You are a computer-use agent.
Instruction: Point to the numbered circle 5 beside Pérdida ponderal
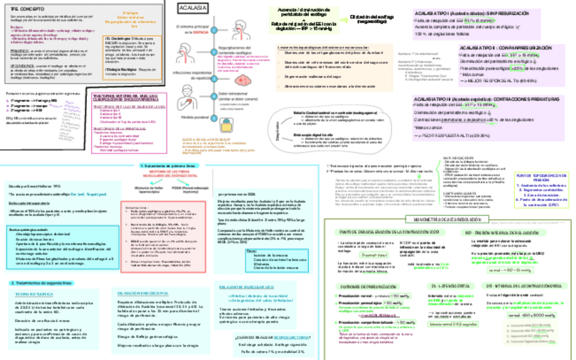click(x=213, y=116)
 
